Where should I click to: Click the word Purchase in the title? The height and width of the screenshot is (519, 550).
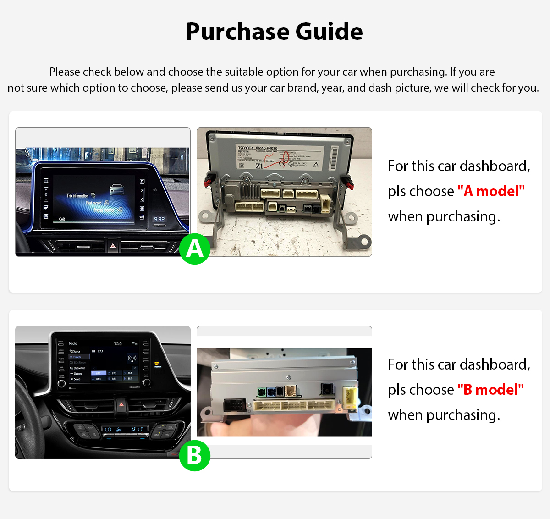[236, 32]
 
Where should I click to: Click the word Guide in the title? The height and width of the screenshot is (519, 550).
[329, 32]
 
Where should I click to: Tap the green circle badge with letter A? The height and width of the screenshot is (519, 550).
[195, 249]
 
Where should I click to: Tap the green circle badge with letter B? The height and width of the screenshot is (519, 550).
[195, 456]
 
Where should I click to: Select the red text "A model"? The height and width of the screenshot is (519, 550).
[491, 191]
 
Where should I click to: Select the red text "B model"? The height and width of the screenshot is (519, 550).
[490, 390]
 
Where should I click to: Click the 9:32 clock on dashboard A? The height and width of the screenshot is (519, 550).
[159, 220]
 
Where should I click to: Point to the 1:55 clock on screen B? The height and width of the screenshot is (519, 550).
[118, 343]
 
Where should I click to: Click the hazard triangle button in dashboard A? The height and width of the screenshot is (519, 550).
[113, 246]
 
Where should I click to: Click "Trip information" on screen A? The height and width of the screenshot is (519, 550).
[77, 196]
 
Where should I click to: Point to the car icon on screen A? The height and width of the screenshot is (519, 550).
[117, 189]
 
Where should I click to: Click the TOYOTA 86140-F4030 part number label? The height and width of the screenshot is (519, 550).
[257, 148]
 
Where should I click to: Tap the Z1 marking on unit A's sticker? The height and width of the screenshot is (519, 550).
[259, 166]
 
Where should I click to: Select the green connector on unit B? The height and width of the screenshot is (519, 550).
[262, 392]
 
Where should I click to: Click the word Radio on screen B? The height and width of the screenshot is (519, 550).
[73, 343]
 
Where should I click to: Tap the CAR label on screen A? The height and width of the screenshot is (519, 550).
[62, 219]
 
